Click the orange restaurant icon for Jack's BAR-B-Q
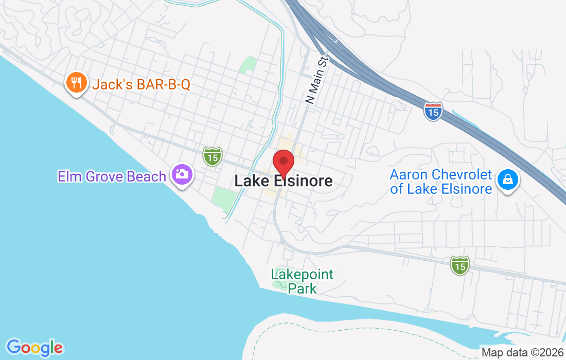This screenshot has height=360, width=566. (77, 84)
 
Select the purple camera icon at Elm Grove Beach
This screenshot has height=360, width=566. (181, 175)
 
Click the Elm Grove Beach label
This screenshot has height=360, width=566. (112, 176)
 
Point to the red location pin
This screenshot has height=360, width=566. (283, 162)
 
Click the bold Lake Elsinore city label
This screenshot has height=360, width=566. (284, 181)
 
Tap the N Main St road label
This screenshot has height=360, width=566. (316, 81)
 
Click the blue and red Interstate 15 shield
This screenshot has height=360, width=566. (433, 111)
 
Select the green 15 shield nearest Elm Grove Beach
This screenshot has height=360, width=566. (212, 156)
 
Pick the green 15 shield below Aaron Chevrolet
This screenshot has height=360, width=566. (459, 265)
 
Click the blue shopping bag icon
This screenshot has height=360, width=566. (508, 181)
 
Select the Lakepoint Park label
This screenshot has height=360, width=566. (303, 281)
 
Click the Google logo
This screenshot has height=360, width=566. (34, 348)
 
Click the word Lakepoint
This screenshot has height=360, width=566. (303, 275)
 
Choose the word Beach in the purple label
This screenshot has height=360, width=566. (146, 176)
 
